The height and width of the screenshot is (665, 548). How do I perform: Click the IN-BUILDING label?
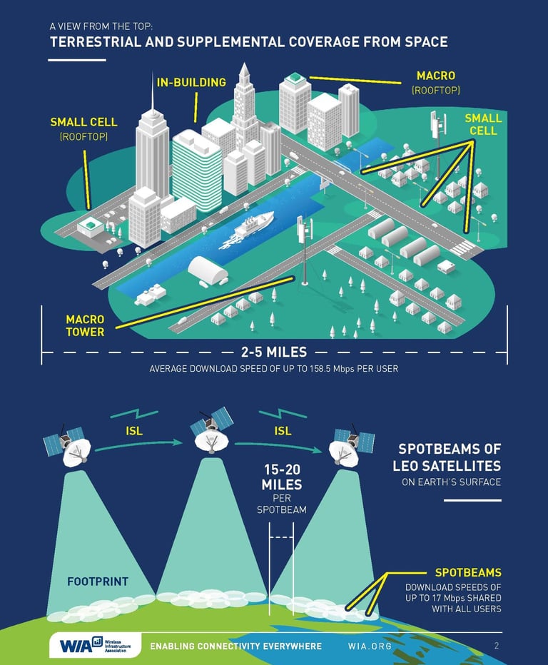pos(191,82)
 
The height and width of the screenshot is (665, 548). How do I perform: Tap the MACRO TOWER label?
pos(85,325)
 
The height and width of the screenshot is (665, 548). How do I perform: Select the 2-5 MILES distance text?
pos(274,352)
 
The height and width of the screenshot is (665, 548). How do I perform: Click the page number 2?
pos(496,646)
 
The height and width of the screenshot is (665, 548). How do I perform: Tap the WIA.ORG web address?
pos(370,646)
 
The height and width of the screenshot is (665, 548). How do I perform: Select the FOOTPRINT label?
pos(98,582)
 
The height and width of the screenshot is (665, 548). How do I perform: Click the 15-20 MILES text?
pos(281,477)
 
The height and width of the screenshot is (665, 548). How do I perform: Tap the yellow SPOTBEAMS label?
pos(468,572)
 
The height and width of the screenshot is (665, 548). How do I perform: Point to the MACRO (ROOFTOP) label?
pos(435,82)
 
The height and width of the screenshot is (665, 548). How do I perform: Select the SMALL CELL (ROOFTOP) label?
pos(83,128)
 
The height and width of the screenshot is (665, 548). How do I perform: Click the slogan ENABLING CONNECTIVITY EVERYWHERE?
pos(235,646)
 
